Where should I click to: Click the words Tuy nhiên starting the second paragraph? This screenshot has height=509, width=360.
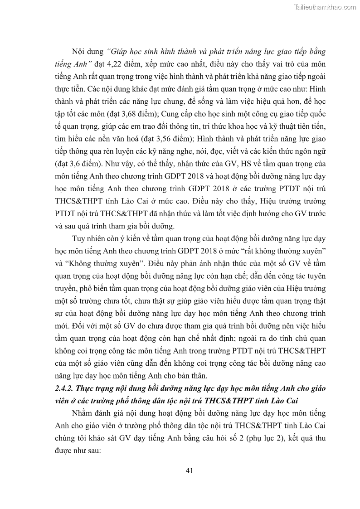tap(87, 238)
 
